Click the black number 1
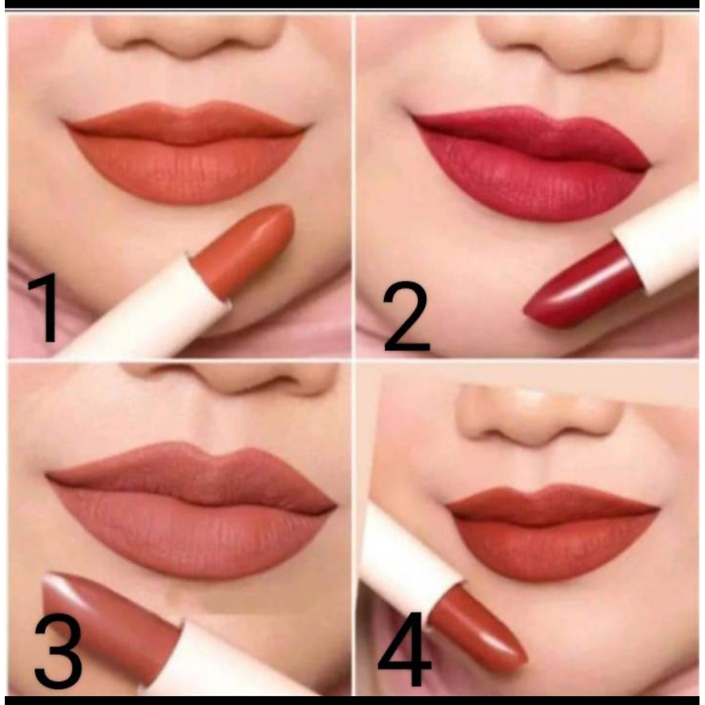(43, 308)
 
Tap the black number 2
(406, 317)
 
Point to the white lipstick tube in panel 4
(406, 565)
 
